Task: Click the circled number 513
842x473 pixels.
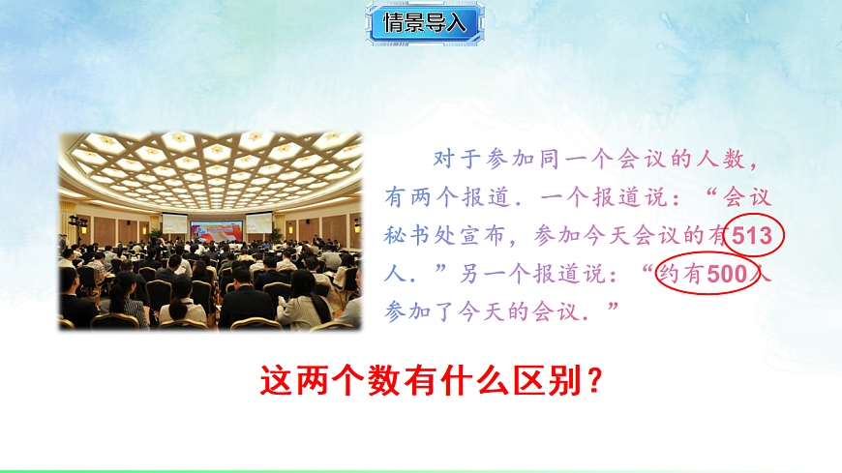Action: [753, 236]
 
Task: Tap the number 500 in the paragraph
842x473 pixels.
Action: [728, 275]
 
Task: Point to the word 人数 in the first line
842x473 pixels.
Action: [732, 159]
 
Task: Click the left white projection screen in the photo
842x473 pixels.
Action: [174, 223]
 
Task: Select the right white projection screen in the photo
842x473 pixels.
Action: [259, 223]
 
